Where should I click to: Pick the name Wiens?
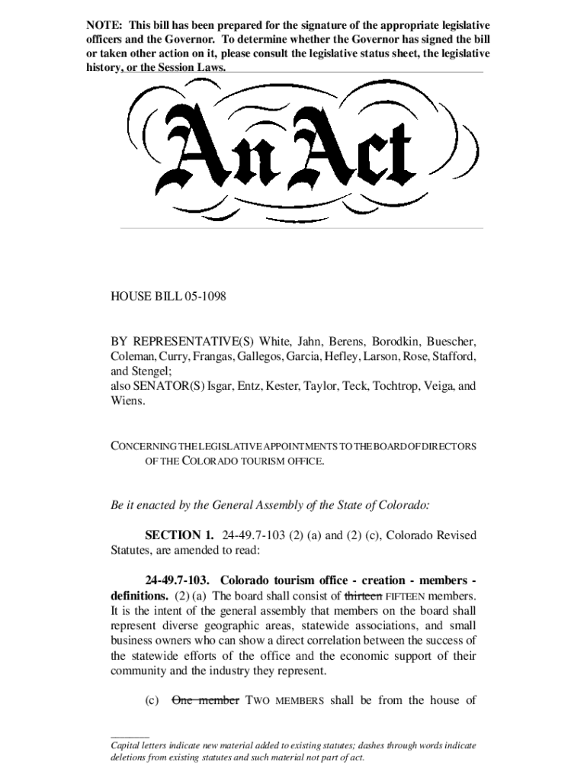[x=127, y=400]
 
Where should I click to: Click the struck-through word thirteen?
[x=364, y=595]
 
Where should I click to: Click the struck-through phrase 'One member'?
[x=206, y=701]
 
